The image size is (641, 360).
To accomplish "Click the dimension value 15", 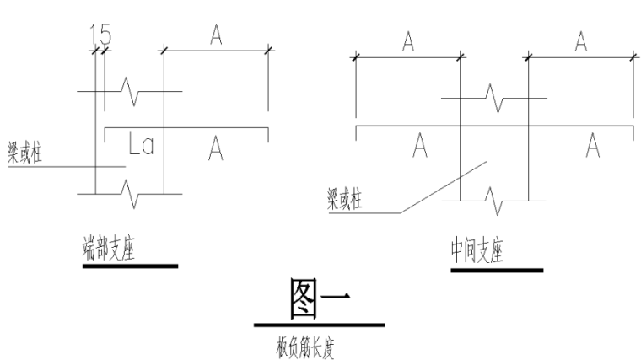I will (x=100, y=36).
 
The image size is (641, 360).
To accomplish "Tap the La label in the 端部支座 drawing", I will (x=140, y=147).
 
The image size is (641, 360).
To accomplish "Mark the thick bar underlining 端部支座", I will (x=130, y=266).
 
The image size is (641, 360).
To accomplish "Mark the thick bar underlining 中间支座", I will (x=498, y=271).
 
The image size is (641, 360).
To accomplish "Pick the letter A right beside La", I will (x=216, y=148).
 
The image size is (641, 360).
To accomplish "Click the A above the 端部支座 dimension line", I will (x=216, y=35).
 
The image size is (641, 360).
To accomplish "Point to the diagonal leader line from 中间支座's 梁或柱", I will (x=446, y=185).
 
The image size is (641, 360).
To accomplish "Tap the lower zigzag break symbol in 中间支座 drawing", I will (x=494, y=201).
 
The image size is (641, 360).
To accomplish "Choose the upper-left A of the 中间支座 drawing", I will (x=407, y=43).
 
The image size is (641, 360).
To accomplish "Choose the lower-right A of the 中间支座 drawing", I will (x=593, y=147).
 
